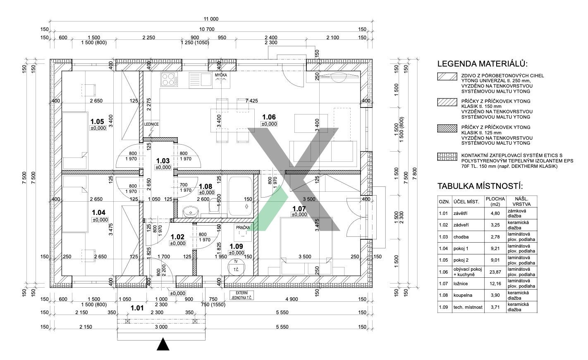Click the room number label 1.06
coord(269,117)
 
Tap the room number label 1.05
coord(97,122)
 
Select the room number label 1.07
coord(299,208)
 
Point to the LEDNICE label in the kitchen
coord(151,124)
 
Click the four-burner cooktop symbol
coord(169,79)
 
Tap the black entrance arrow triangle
coord(163,344)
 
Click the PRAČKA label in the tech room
coord(243,228)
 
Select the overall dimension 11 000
coord(211,19)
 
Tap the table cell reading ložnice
coord(461,284)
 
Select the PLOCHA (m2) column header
coord(495,201)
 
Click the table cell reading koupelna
coord(463,295)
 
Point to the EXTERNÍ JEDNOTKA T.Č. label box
coord(242,295)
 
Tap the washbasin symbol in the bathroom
coord(191,212)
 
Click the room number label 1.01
coord(136,308)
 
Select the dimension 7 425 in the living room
coord(251,100)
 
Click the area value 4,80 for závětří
coord(495,213)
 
